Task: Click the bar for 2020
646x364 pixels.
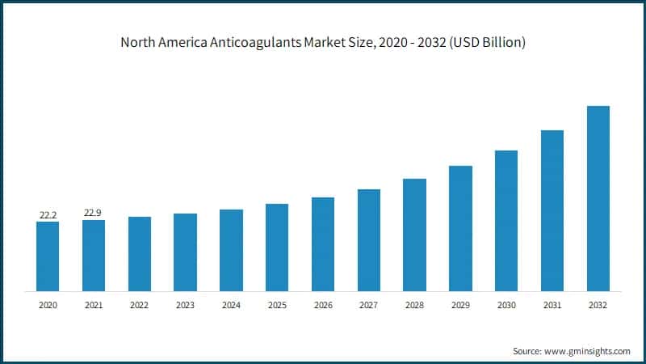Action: pyautogui.click(x=48, y=256)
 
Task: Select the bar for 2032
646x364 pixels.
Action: pyautogui.click(x=598, y=198)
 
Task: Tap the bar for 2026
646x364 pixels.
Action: pyautogui.click(x=323, y=243)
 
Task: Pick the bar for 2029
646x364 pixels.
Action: pyautogui.click(x=460, y=228)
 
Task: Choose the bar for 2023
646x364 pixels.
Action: pyautogui.click(x=185, y=252)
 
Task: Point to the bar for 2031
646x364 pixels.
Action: pyautogui.click(x=552, y=210)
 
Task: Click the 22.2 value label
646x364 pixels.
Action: pyautogui.click(x=48, y=214)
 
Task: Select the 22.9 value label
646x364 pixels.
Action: pyautogui.click(x=93, y=213)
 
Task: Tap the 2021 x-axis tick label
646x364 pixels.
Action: pyautogui.click(x=93, y=305)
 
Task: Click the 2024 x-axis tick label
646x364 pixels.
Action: pyautogui.click(x=231, y=305)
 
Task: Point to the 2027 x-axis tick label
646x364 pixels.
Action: pyautogui.click(x=368, y=305)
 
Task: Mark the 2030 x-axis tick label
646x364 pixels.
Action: pyautogui.click(x=506, y=305)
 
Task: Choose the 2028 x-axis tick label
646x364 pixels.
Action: pyautogui.click(x=414, y=305)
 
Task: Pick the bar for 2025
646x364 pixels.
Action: pyautogui.click(x=277, y=247)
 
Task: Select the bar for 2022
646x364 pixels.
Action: pyautogui.click(x=139, y=253)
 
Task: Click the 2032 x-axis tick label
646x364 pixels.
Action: pyautogui.click(x=598, y=305)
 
